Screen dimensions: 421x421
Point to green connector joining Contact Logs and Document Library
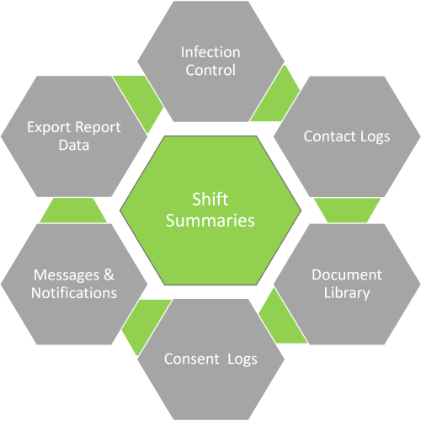click(x=345, y=210)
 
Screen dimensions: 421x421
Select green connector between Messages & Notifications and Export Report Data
click(x=74, y=210)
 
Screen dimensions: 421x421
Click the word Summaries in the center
click(x=210, y=221)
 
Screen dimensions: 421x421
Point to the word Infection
click(x=210, y=52)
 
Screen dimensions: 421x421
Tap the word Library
click(x=346, y=293)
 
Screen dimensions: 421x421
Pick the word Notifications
click(x=74, y=293)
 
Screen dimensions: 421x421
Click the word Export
click(x=48, y=128)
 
